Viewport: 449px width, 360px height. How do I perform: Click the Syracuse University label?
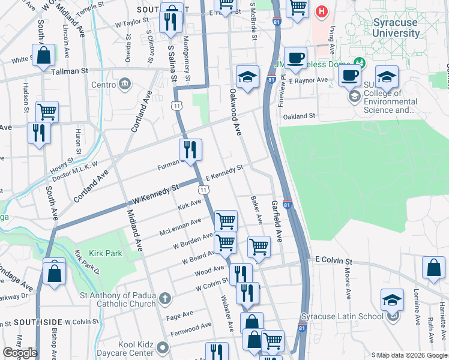click(396, 28)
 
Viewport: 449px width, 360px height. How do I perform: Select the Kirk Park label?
click(106, 253)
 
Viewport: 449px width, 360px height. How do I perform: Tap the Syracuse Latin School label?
click(342, 316)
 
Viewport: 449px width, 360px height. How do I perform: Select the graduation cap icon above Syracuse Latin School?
click(392, 299)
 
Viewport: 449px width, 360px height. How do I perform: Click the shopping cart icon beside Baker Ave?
click(259, 246)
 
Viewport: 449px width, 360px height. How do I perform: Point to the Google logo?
click(20, 353)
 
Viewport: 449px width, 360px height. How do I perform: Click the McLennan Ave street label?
click(180, 227)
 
